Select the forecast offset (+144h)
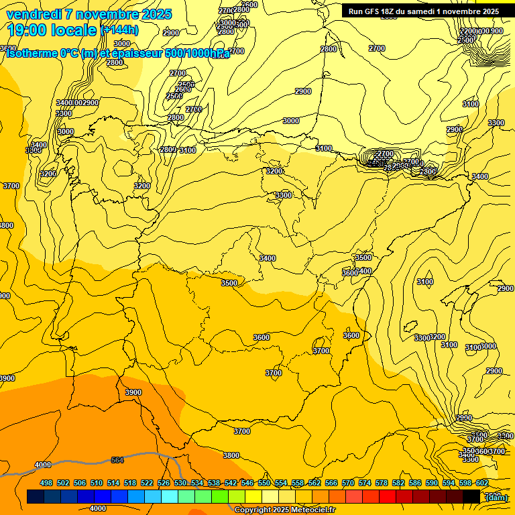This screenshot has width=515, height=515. coord(119,30)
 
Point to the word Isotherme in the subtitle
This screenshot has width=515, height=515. coord(31,53)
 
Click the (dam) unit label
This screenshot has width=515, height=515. coord(496,497)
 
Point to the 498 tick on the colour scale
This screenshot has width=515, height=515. coord(46,483)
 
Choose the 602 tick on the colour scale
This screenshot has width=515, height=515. coord(482,483)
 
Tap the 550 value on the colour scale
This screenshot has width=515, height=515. coord(264,483)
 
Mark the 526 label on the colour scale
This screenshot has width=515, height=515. coord(164,483)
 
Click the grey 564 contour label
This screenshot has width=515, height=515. coord(117,460)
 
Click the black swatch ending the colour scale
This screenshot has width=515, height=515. coord(471,496)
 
